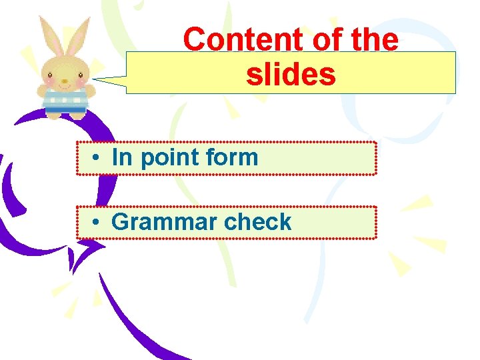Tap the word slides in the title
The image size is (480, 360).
coord(291,75)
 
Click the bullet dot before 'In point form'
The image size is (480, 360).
coord(97,159)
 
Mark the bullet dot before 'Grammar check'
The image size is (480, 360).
coord(97,223)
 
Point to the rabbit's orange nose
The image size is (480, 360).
coord(64,81)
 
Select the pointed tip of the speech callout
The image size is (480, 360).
coord(95,79)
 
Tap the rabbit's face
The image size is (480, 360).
coord(64,73)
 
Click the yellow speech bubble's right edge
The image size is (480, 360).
coord(455,72)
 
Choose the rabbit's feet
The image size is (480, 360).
coord(65,115)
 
